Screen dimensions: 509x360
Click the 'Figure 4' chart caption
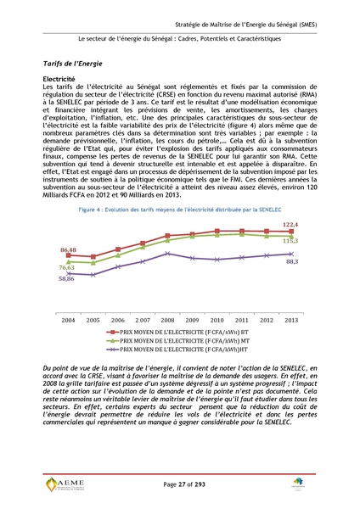179,208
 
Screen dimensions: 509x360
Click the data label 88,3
291,262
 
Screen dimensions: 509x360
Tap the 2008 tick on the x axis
168,320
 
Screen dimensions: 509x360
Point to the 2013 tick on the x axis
291,320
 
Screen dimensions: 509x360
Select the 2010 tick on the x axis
217,320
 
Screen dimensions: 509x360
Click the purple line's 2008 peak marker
168,253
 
